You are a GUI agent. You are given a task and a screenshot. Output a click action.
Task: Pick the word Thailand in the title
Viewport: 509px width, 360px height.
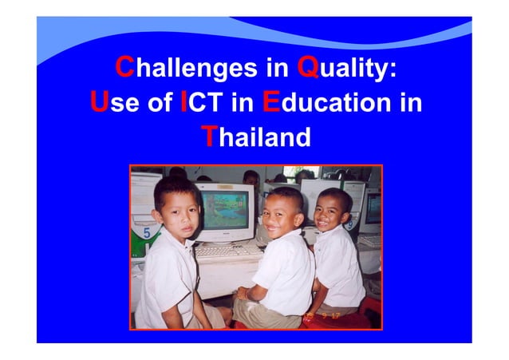click(x=255, y=137)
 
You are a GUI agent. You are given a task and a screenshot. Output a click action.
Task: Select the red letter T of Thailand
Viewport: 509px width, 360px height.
click(x=208, y=137)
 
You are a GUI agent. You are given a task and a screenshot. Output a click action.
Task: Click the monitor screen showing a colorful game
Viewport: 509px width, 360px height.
click(x=225, y=209)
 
